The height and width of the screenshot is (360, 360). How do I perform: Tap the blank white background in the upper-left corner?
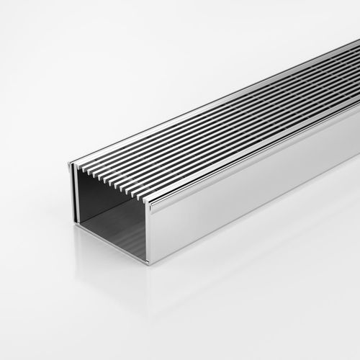tap(36, 36)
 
